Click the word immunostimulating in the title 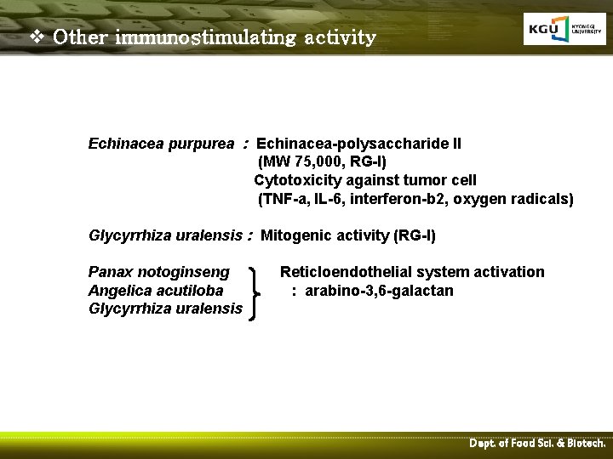204,38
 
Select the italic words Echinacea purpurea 160,144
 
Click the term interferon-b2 394,200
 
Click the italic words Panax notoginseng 159,272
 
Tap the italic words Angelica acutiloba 156,291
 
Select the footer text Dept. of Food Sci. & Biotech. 537,444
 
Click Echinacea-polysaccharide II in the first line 358,144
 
